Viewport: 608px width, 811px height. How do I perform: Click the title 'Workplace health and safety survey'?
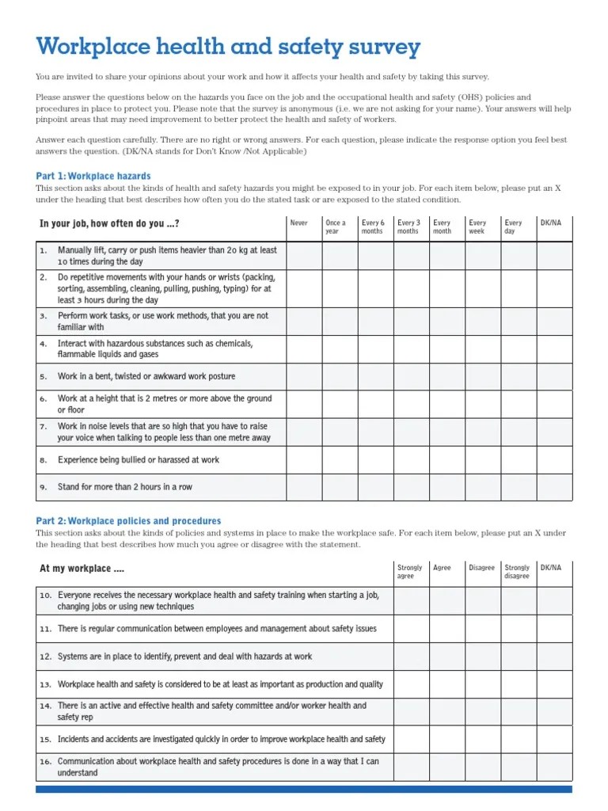tap(228, 47)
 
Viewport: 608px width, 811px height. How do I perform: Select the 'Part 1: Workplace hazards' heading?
tap(93, 176)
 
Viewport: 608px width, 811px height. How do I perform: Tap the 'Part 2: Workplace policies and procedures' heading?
tap(128, 521)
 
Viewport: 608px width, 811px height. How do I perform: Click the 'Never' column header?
tap(299, 223)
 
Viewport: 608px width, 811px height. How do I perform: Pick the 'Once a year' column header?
tap(336, 227)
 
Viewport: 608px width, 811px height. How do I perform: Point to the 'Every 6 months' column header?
tap(372, 227)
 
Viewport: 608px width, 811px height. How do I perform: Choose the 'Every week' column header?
tap(477, 227)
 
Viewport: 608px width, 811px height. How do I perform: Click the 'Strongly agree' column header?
tap(409, 572)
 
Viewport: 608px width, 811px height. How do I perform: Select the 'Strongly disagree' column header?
tap(517, 572)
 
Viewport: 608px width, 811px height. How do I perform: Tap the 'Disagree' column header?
tap(481, 568)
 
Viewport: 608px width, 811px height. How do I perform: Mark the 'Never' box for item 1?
tap(304, 256)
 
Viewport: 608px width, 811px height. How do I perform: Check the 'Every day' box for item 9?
tap(519, 487)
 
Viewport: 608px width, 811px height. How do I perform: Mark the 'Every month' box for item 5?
tap(446, 376)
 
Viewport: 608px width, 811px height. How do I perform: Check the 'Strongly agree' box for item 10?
tap(411, 601)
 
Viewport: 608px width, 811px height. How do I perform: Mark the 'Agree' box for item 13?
tap(446, 684)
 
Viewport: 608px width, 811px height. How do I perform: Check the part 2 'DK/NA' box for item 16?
tap(554, 767)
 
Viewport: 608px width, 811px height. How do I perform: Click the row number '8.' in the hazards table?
tap(44, 459)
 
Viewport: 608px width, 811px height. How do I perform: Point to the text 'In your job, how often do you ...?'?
tap(109, 224)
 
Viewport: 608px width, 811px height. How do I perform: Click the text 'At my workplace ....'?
tap(82, 569)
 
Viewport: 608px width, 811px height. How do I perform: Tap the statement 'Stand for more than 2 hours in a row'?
tap(125, 487)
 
